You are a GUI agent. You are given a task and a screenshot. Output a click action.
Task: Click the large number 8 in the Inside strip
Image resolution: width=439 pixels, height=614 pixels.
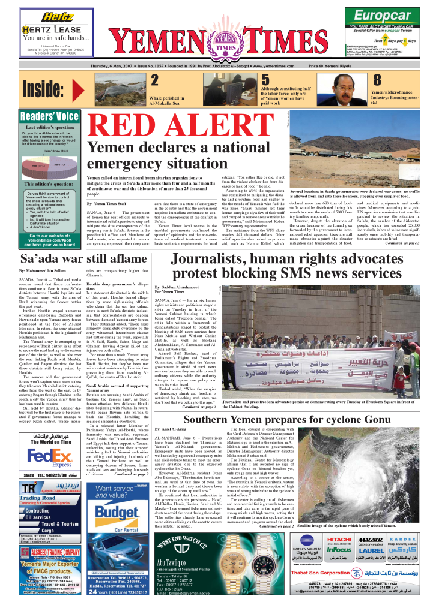click(377, 81)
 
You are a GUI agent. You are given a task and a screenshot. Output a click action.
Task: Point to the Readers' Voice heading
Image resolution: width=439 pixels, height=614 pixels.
click(49, 116)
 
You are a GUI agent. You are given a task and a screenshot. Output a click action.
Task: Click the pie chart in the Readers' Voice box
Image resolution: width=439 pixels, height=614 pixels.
click(49, 162)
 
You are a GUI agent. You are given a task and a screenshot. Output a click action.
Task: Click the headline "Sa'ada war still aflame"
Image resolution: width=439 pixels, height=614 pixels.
click(83, 259)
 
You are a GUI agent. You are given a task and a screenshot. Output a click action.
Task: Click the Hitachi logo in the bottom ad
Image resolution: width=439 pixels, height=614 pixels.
click(339, 539)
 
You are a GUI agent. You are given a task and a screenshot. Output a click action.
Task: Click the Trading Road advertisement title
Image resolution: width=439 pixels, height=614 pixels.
click(38, 498)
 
